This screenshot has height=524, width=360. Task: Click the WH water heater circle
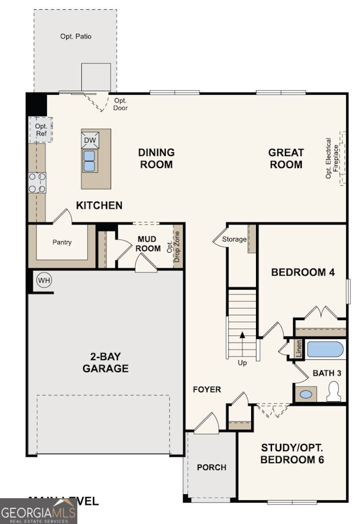pyautogui.click(x=44, y=281)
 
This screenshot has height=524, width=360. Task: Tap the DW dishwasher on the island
pyautogui.click(x=90, y=141)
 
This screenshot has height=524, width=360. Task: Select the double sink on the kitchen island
pyautogui.click(x=90, y=161)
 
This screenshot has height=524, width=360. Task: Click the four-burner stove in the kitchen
pyautogui.click(x=37, y=183)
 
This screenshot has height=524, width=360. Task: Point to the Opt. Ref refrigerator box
pyautogui.click(x=41, y=129)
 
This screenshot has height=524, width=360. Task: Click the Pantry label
pyautogui.click(x=62, y=242)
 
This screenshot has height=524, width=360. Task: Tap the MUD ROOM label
pyautogui.click(x=149, y=244)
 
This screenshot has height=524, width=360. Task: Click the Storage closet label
pyautogui.click(x=234, y=239)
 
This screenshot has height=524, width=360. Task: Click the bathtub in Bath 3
pyautogui.click(x=325, y=350)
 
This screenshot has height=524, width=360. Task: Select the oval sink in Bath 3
pyautogui.click(x=305, y=394)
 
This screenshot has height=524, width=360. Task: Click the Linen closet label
pyautogui.click(x=299, y=349)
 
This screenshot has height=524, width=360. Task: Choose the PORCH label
pyautogui.click(x=212, y=468)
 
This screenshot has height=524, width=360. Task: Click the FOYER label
pyautogui.click(x=207, y=390)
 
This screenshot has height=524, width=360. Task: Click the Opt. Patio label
pyautogui.click(x=76, y=36)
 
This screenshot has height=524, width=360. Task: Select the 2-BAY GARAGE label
pyautogui.click(x=105, y=363)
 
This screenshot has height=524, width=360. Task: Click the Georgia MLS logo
pyautogui.click(x=39, y=511)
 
